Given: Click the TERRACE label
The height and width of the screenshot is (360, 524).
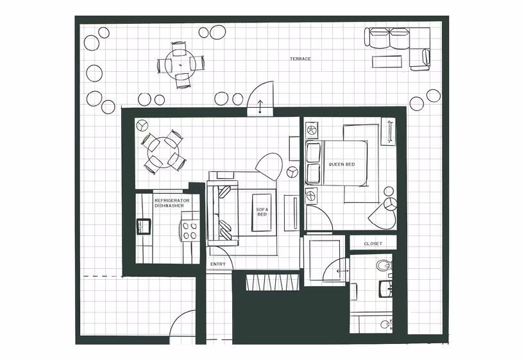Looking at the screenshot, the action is click(300, 59).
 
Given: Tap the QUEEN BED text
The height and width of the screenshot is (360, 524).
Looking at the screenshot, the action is click(341, 164).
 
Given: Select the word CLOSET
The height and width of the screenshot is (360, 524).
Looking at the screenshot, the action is click(373, 244).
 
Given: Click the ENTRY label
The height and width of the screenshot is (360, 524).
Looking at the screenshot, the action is click(217, 264).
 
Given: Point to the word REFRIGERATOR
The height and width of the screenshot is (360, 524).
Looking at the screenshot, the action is click(172, 200).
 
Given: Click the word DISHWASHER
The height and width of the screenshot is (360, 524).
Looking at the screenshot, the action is click(169, 206).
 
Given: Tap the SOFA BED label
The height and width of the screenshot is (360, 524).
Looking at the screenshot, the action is click(262, 212).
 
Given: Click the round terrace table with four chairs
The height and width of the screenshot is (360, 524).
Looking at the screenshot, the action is click(181, 64).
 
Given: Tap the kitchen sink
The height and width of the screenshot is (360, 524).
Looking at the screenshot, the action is click(142, 226).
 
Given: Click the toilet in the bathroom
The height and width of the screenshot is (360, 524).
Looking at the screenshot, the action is click(384, 265).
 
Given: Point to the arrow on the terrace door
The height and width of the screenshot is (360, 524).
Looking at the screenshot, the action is click(260, 107).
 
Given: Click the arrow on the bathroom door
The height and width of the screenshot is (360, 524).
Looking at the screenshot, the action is click(339, 271).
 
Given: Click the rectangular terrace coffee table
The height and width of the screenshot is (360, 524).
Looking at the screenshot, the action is click(387, 62).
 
